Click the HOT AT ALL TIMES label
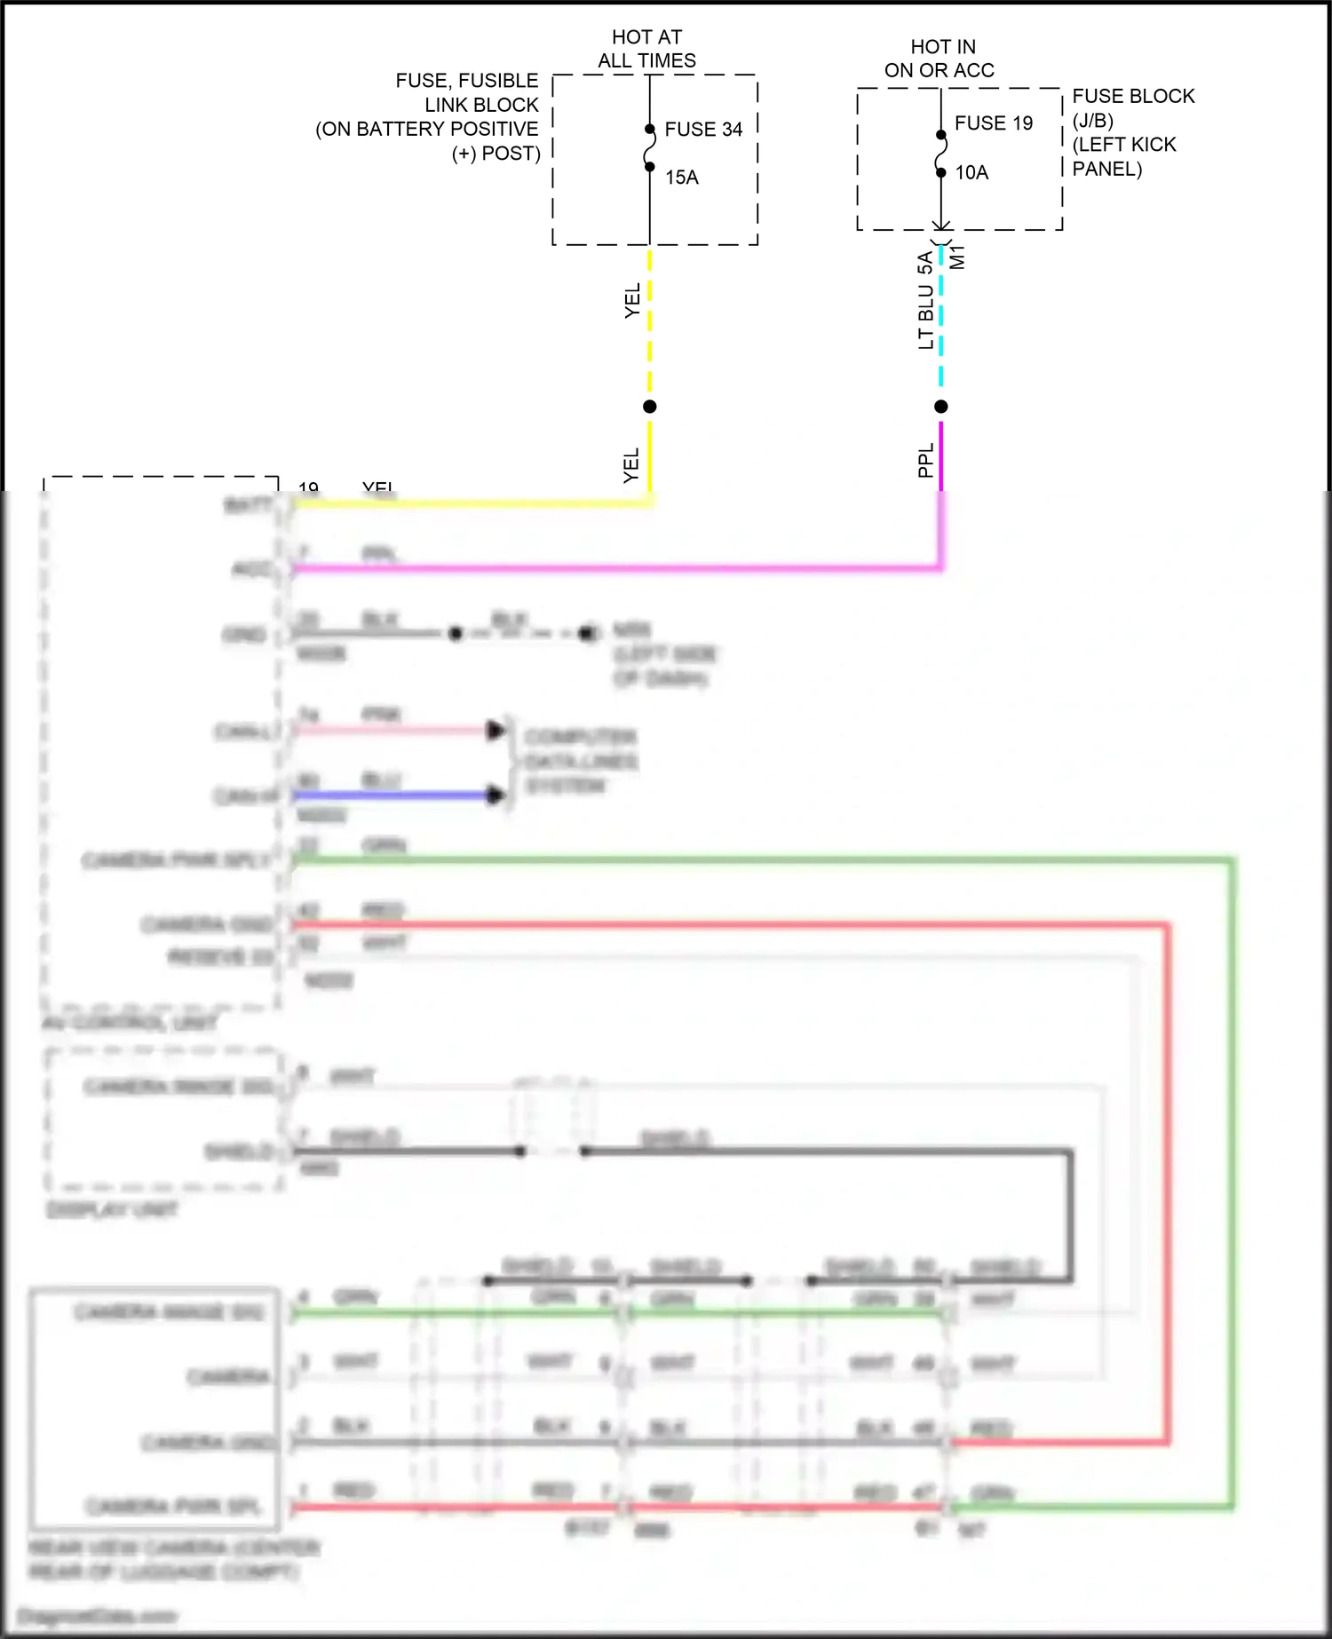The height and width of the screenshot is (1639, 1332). (x=646, y=49)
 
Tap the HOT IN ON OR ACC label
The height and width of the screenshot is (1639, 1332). (x=940, y=59)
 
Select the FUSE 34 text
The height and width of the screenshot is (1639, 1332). (x=703, y=130)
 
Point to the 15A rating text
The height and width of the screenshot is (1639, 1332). (x=682, y=178)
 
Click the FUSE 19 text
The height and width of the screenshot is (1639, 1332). (x=994, y=123)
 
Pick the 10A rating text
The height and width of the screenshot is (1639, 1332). (x=971, y=173)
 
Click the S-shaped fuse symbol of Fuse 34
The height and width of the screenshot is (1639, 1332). (x=650, y=148)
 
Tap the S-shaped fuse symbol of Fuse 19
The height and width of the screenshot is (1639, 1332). (x=941, y=154)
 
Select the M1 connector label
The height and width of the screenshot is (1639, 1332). (x=957, y=257)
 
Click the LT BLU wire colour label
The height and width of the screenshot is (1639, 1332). (x=926, y=316)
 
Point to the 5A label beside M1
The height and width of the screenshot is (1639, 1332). (x=925, y=263)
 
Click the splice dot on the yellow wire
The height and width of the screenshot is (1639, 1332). (x=650, y=407)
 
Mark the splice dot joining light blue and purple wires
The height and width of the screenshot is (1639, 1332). (x=941, y=407)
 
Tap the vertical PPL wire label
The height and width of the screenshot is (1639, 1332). (x=926, y=461)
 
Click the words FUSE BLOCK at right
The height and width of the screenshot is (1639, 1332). (x=1133, y=96)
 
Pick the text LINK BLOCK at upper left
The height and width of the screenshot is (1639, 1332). (x=481, y=105)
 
